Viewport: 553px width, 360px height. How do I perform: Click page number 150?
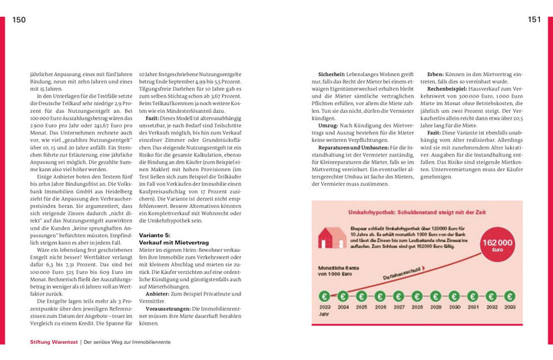19,20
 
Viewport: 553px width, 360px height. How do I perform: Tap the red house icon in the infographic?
330,239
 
